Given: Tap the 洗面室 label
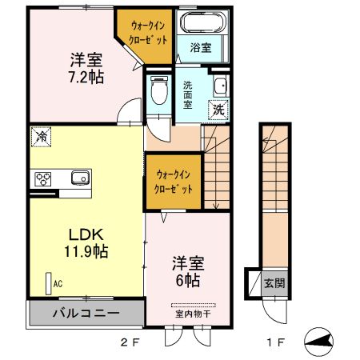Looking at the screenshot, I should click(x=189, y=94).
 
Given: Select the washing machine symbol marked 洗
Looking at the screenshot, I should click(x=218, y=110).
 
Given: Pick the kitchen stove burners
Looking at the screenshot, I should click(x=42, y=178).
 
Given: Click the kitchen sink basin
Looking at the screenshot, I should click(x=78, y=178).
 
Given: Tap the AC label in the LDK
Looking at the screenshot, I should click(x=58, y=282).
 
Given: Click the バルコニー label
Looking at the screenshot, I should click(x=86, y=312).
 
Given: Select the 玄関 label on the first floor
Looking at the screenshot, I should click(x=274, y=283).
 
